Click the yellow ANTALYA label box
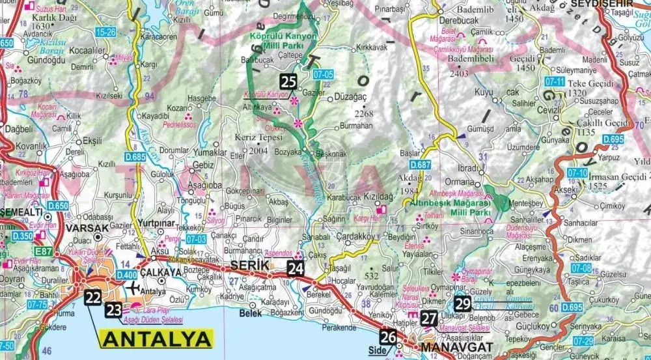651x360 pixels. coord(157,339)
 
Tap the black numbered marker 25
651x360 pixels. coord(289,81)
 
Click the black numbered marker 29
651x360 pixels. coord(463,303)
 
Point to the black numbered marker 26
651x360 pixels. coord(388,337)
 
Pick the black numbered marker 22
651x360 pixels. coord(93,298)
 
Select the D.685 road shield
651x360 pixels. coord(135,156)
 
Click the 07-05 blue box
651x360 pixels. coord(323,75)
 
